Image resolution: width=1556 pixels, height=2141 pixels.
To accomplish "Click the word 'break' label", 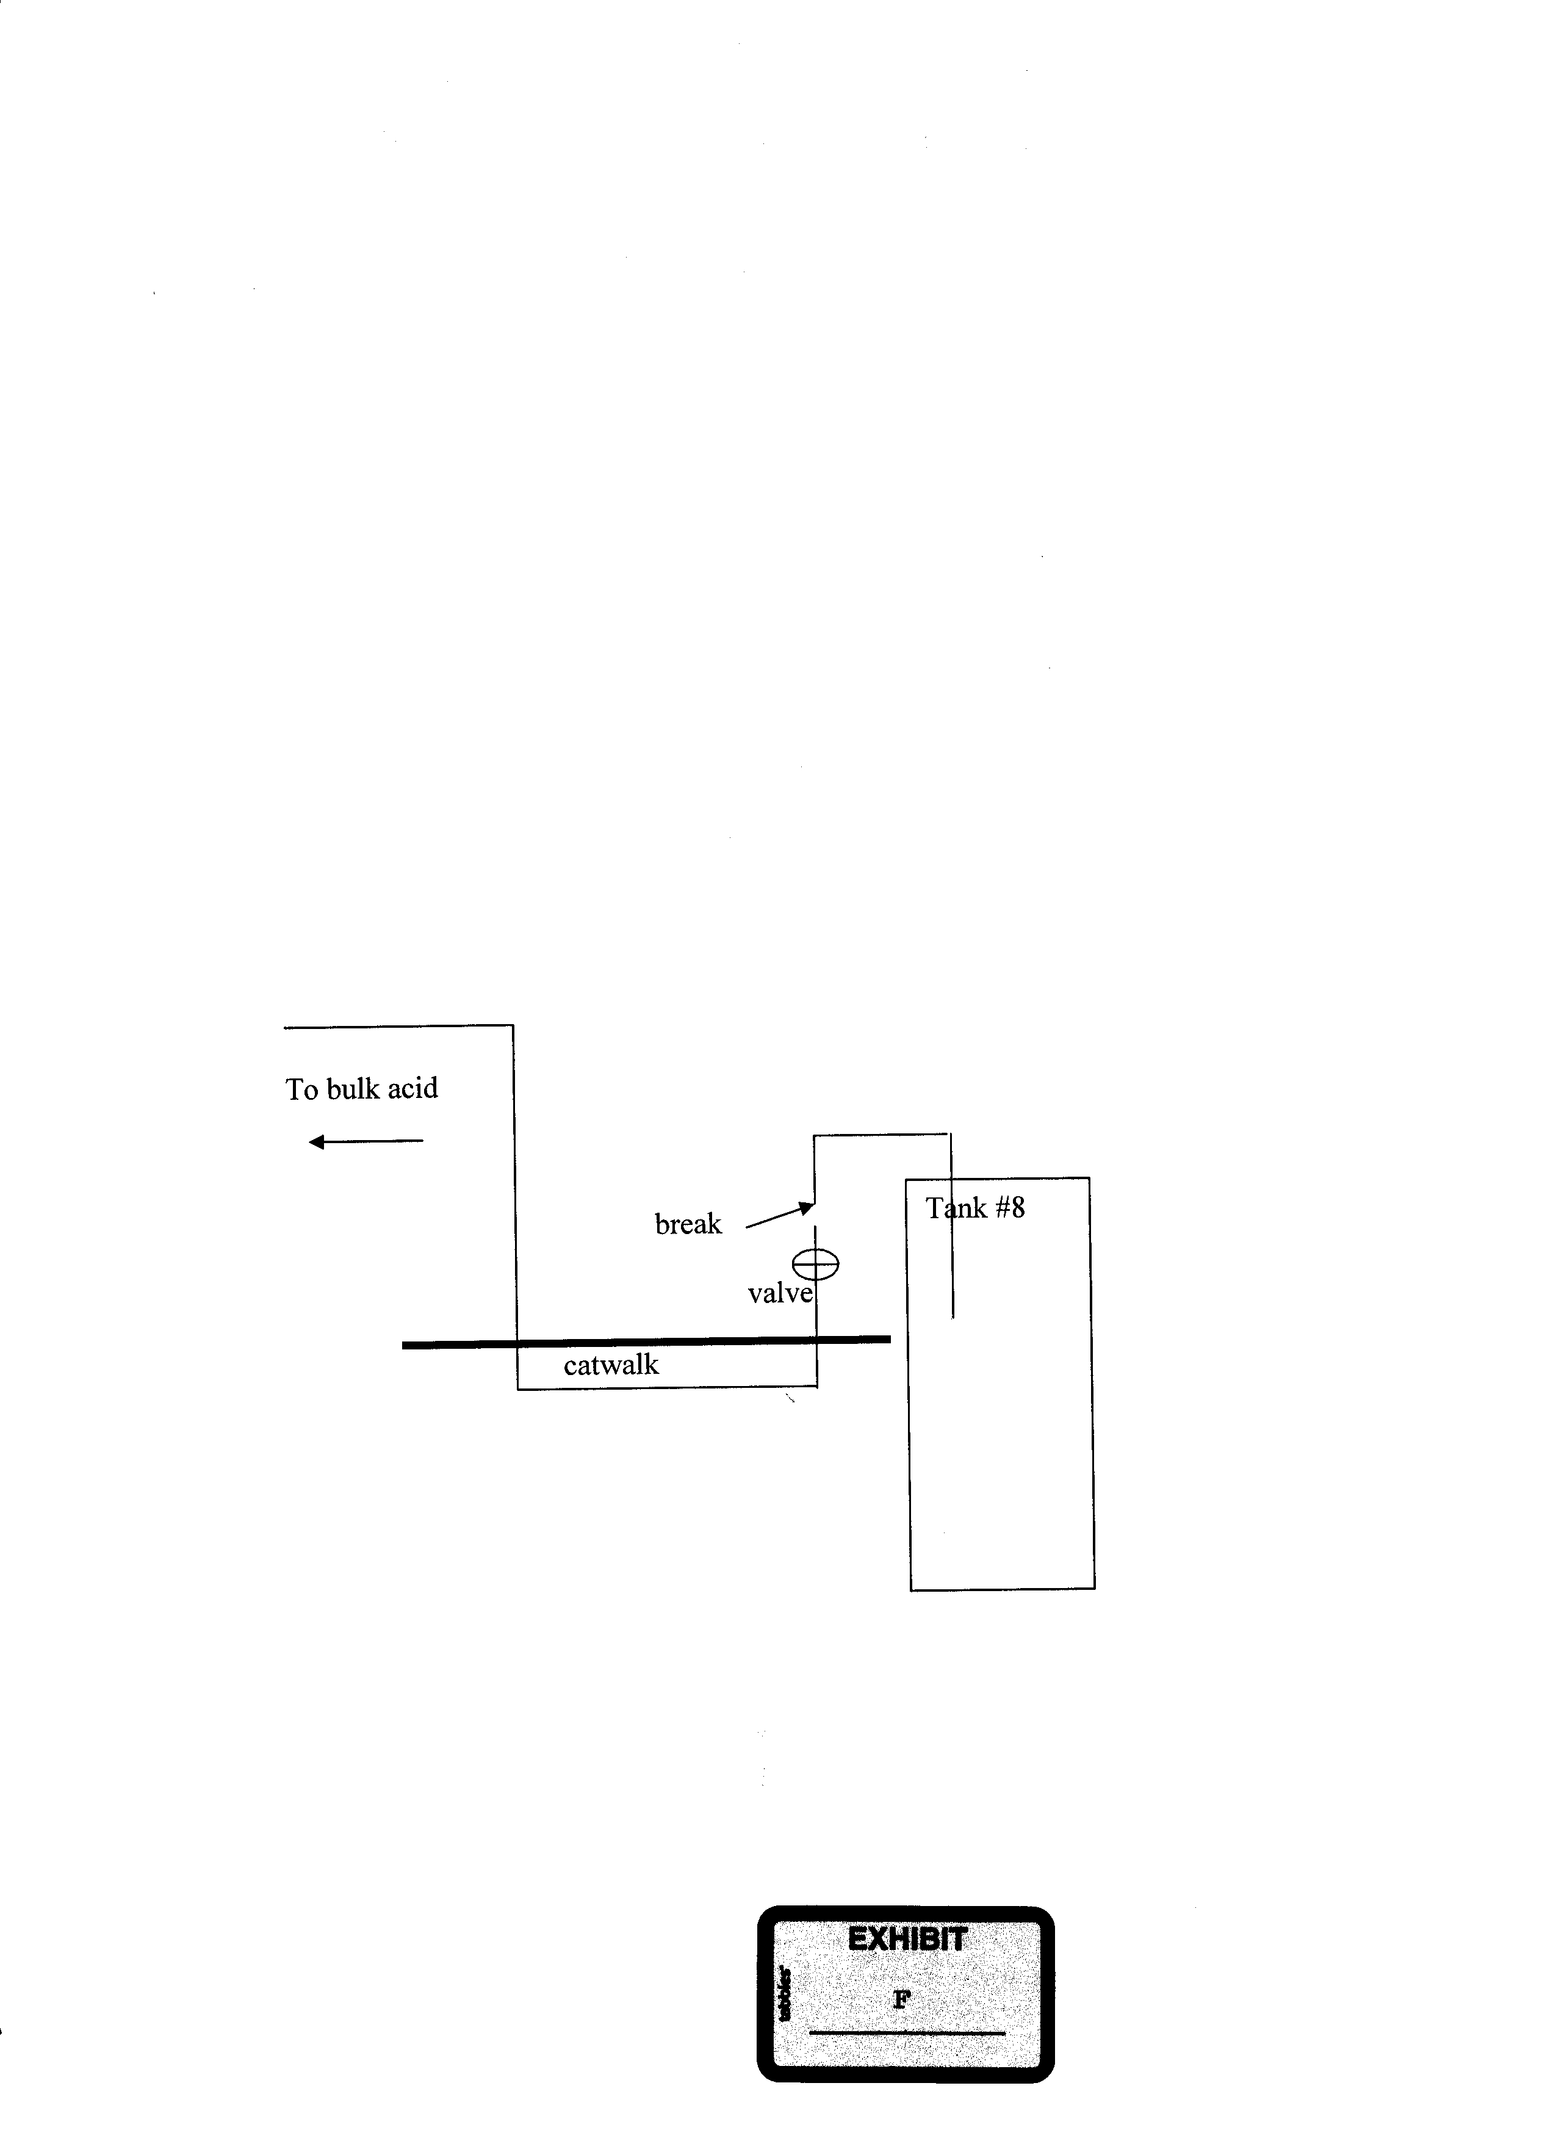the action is click(x=688, y=1224).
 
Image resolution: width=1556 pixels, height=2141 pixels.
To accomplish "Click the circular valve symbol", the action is click(x=815, y=1263).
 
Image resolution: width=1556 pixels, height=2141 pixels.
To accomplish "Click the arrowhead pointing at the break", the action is click(x=807, y=1207).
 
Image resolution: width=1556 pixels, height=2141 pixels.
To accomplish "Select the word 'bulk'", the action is click(x=352, y=1088).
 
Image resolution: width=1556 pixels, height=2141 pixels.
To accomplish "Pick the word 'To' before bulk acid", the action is click(x=302, y=1089).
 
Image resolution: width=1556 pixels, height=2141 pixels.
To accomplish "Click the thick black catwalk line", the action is click(x=646, y=1341).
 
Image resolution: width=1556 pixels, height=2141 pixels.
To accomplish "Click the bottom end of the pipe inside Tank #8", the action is click(x=953, y=1318).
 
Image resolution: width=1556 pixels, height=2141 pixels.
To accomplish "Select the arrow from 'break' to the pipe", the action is click(x=779, y=1215).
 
